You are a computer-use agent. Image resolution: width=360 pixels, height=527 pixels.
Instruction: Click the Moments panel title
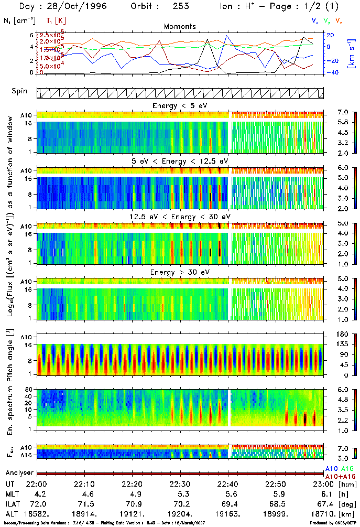(180, 26)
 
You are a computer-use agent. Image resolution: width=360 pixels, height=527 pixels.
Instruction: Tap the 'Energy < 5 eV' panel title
(180, 106)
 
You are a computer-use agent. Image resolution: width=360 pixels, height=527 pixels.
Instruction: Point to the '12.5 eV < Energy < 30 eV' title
(180, 217)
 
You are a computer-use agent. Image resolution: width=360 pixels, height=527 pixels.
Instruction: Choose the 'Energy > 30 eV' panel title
(180, 273)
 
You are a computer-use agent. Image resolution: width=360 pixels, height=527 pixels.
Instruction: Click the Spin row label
(20, 91)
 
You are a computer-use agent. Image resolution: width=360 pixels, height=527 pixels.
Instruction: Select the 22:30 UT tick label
(180, 483)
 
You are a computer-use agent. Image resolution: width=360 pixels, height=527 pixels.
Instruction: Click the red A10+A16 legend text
(340, 476)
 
